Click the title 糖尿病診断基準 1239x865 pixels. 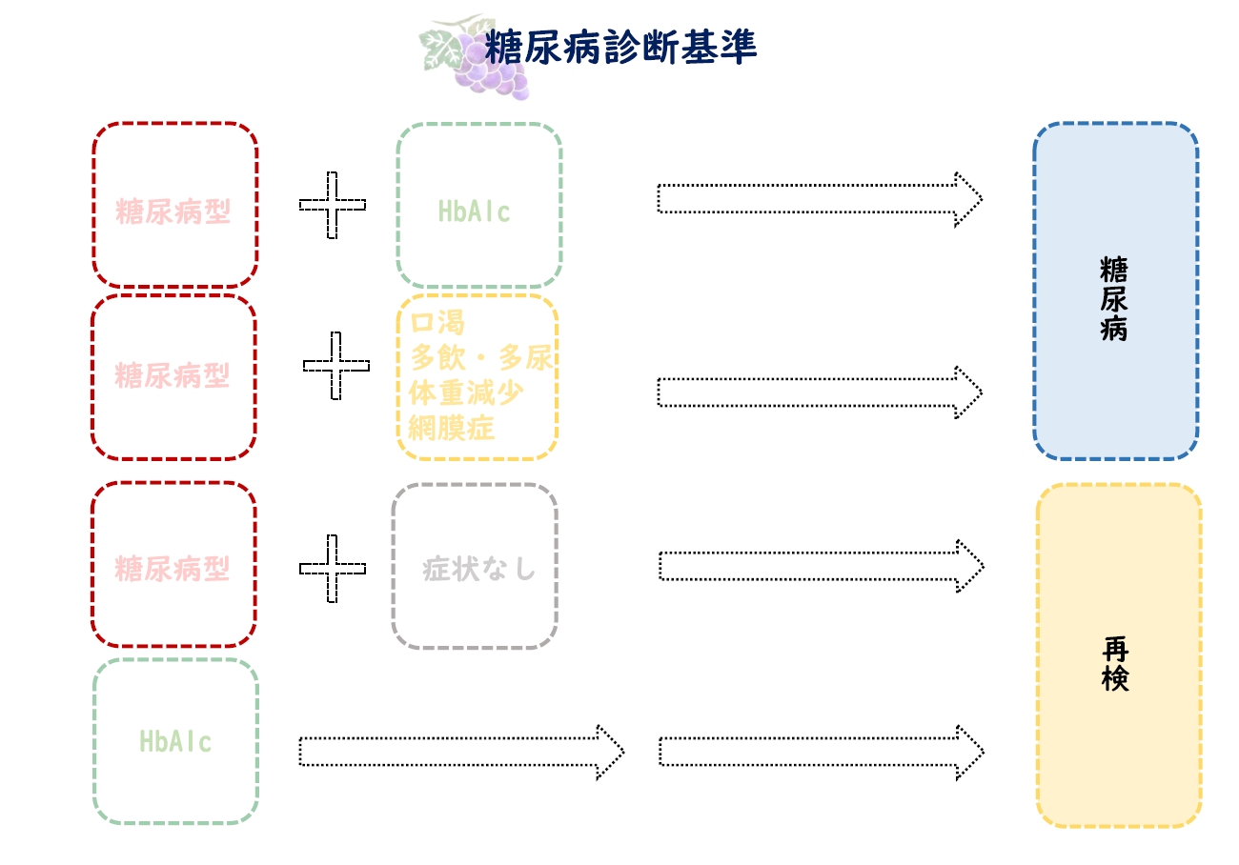click(620, 47)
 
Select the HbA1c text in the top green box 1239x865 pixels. click(475, 211)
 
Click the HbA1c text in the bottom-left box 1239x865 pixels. click(175, 741)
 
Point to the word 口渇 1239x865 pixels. click(437, 323)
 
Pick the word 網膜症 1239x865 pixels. click(452, 428)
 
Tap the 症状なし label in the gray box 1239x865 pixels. click(479, 570)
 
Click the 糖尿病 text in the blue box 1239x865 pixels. click(1113, 297)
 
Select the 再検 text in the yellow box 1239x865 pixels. click(1115, 664)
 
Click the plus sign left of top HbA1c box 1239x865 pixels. click(332, 205)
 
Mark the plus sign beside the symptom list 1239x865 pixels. click(336, 366)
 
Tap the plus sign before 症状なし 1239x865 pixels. click(333, 569)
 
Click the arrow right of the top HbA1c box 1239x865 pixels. click(820, 199)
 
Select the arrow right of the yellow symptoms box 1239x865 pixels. click(820, 392)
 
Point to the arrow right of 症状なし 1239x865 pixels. click(821, 566)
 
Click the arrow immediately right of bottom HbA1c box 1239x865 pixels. click(461, 752)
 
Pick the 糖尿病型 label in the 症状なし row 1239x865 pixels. click(173, 570)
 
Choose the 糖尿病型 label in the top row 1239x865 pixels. click(173, 211)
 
